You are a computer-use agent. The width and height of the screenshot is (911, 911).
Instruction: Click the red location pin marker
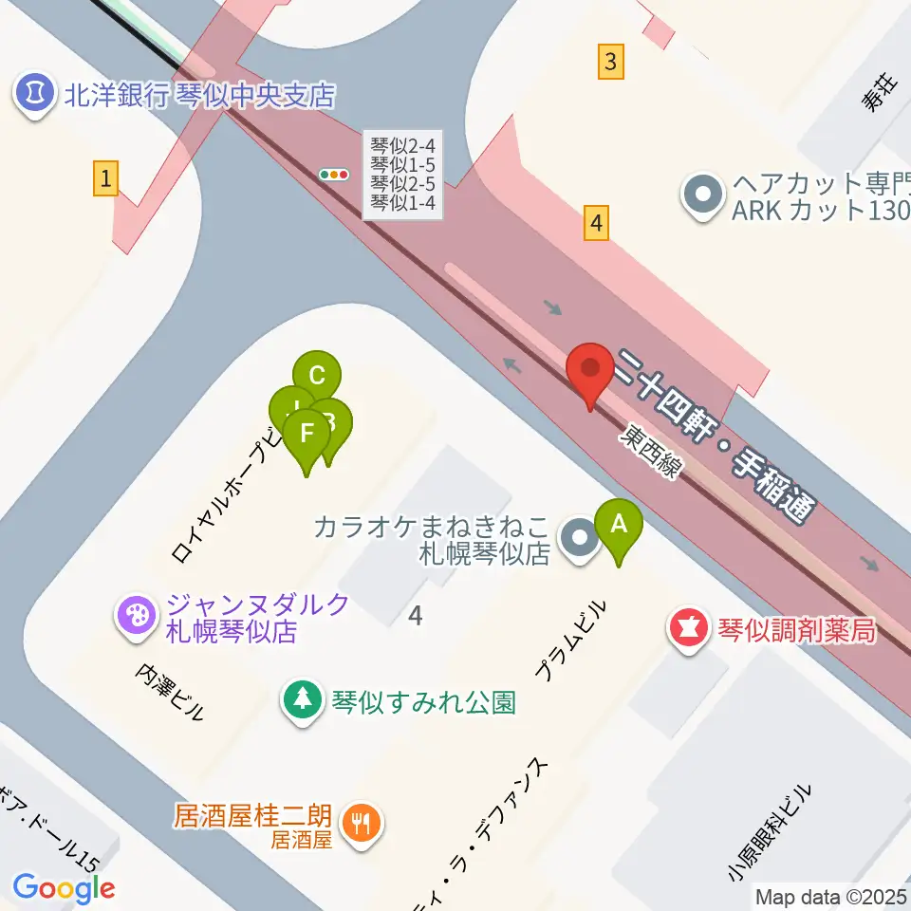(590, 371)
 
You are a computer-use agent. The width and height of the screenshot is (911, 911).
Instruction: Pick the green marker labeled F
(307, 435)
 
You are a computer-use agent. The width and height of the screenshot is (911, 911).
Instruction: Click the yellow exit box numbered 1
(106, 177)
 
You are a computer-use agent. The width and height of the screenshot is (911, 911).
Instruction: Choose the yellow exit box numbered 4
(596, 224)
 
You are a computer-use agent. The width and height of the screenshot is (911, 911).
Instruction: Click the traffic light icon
(334, 175)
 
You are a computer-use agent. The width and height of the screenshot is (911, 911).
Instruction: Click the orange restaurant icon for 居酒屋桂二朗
(363, 822)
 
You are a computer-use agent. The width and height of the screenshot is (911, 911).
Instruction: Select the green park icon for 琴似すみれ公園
(303, 702)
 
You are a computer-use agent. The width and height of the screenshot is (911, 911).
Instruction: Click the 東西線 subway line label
(650, 451)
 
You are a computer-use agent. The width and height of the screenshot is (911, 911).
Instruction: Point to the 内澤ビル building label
(171, 692)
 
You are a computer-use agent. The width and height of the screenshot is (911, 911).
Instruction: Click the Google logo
(64, 887)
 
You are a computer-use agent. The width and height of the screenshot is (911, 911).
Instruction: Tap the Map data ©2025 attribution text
(829, 896)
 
